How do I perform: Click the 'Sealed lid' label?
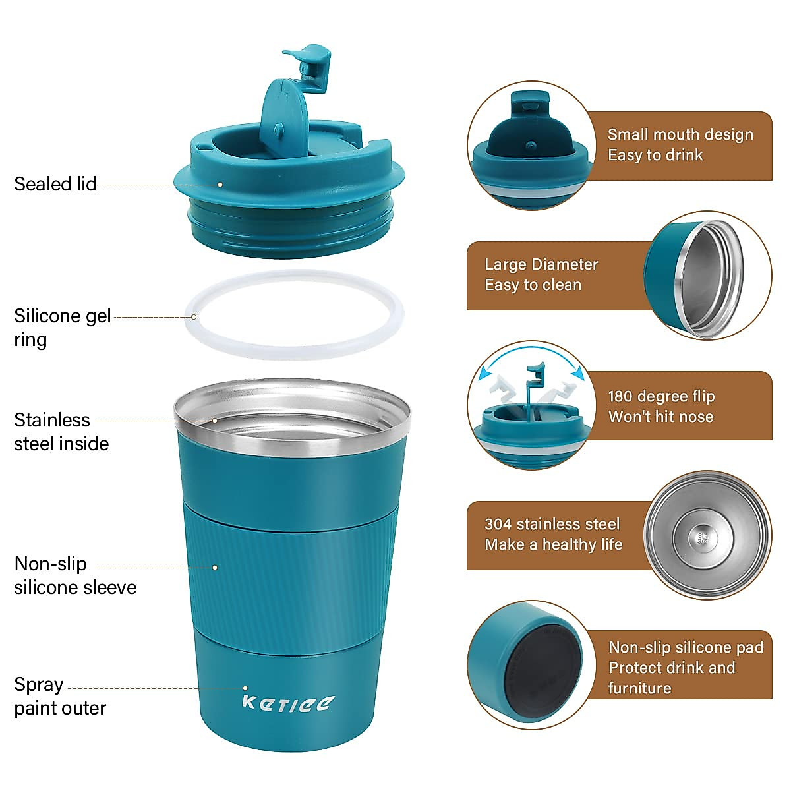(x=55, y=184)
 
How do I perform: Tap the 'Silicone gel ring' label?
(x=62, y=328)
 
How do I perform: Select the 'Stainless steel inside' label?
(x=61, y=432)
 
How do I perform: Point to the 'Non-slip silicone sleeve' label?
(x=74, y=575)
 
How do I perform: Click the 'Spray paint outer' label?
(x=59, y=696)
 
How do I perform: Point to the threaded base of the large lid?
(x=290, y=227)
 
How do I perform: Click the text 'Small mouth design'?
(x=680, y=134)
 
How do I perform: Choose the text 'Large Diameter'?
(x=541, y=264)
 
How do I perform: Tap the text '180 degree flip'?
(x=661, y=396)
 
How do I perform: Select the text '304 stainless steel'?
(x=552, y=524)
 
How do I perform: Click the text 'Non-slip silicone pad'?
(x=686, y=647)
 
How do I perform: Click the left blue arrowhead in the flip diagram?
(x=486, y=374)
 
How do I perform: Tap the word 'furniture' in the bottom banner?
(x=639, y=688)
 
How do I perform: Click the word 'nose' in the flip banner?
(x=697, y=417)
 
